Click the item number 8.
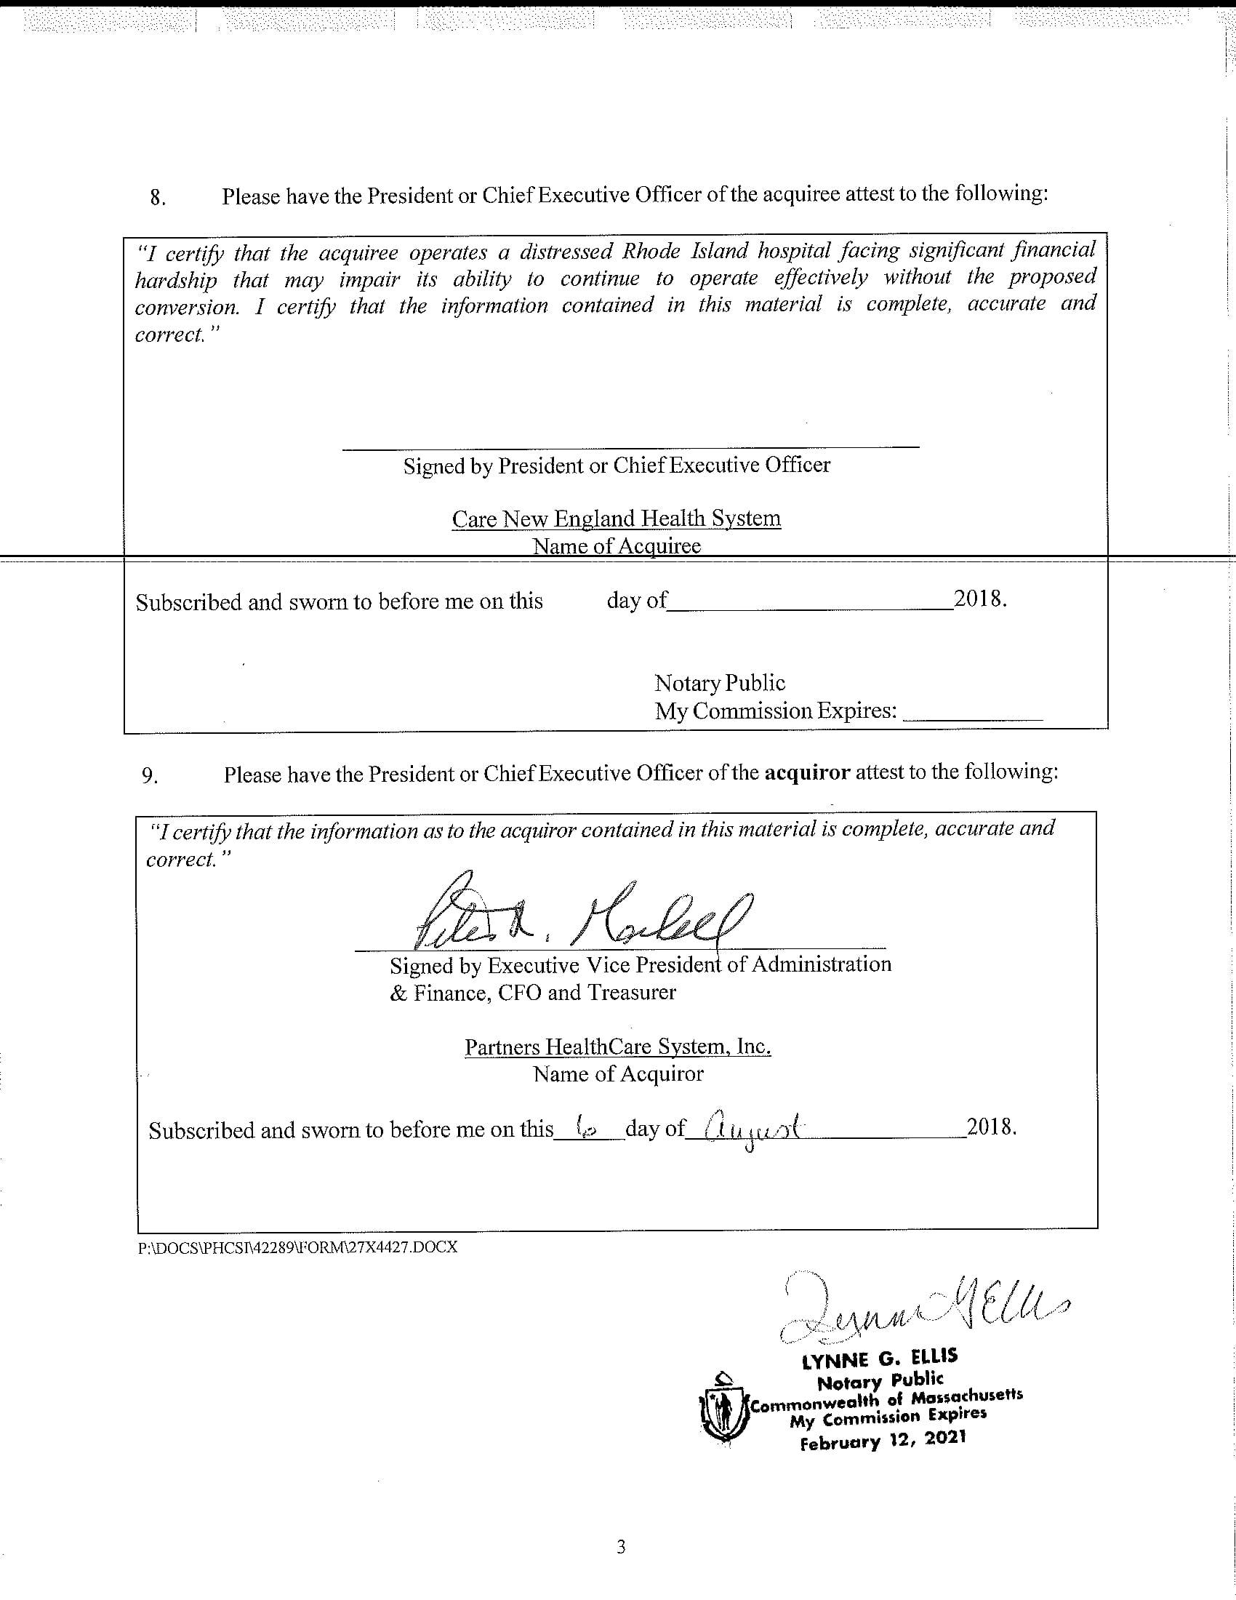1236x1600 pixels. [157, 198]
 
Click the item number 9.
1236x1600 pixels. [149, 776]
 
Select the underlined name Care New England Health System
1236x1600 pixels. [616, 519]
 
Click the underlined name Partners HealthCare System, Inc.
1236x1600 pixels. [617, 1046]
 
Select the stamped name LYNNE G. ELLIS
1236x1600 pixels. [880, 1360]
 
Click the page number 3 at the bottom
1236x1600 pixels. [621, 1548]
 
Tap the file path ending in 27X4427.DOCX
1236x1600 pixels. [297, 1247]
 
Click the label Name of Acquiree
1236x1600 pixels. [616, 545]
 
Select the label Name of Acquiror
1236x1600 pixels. [617, 1074]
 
